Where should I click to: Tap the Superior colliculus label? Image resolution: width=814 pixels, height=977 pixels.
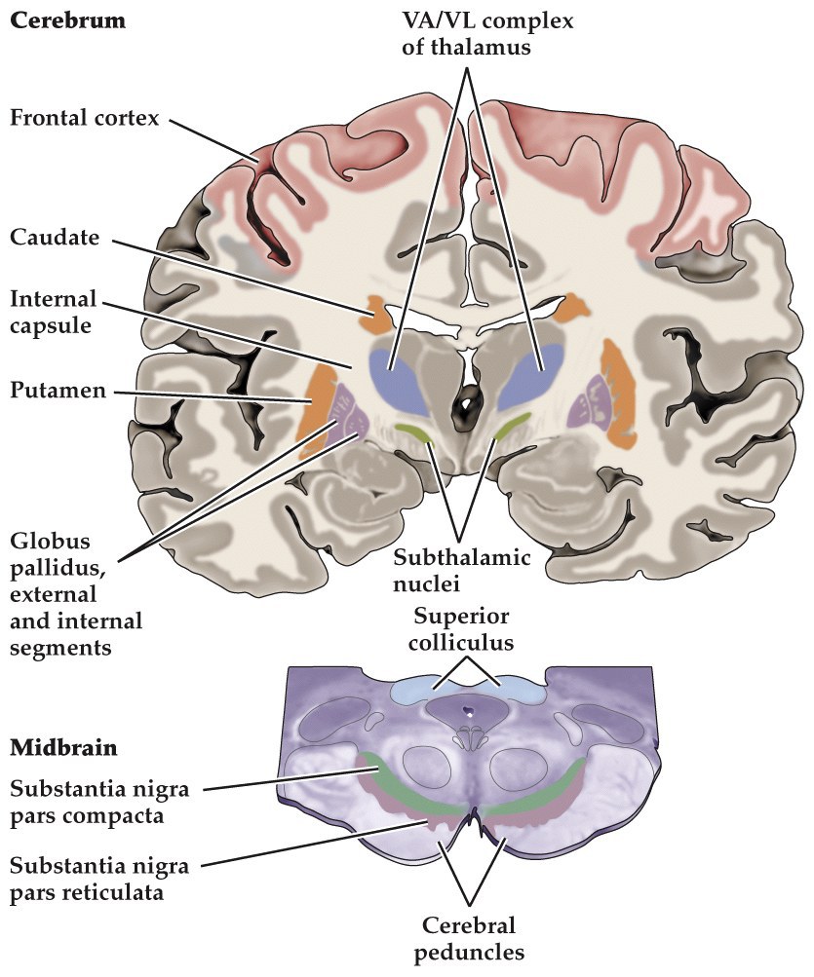coord(462,629)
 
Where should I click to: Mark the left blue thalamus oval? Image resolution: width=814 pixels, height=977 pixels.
coord(400,375)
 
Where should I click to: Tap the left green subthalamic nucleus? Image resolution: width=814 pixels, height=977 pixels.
coord(414,431)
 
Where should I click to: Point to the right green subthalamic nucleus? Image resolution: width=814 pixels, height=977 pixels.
coord(513,427)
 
